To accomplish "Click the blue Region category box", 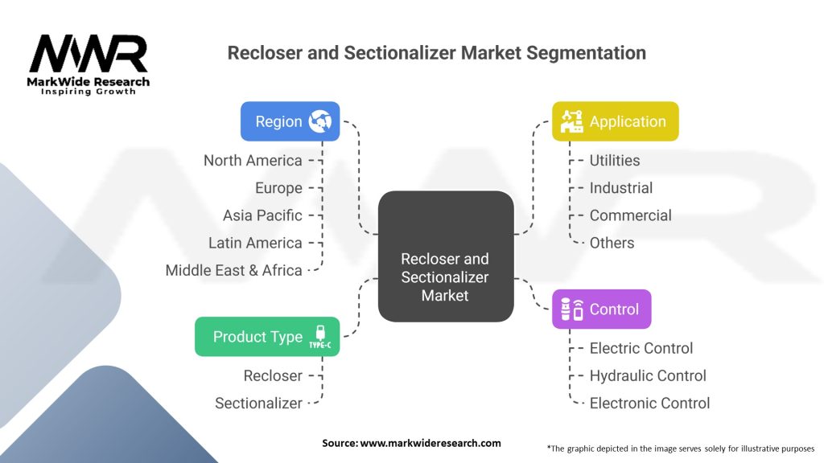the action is click(290, 121).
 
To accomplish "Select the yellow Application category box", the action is click(616, 121).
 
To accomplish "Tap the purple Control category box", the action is click(602, 309).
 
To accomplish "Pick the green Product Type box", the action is click(267, 337).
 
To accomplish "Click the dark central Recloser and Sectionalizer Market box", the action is click(446, 256).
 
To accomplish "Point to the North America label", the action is click(253, 160).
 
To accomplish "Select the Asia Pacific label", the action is click(262, 215).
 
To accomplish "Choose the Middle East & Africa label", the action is click(234, 270).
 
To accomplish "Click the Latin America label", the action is click(255, 243).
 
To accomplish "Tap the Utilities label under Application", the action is click(614, 160).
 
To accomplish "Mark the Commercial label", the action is click(630, 215).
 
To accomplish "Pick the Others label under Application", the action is click(612, 243).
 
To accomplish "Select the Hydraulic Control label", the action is click(648, 376).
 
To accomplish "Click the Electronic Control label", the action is click(649, 404).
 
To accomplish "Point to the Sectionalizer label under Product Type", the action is click(258, 404).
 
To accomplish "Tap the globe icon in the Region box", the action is click(320, 121).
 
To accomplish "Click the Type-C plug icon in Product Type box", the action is click(320, 337).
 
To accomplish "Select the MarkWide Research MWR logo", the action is click(89, 64).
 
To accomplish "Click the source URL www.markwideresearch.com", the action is click(431, 443).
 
